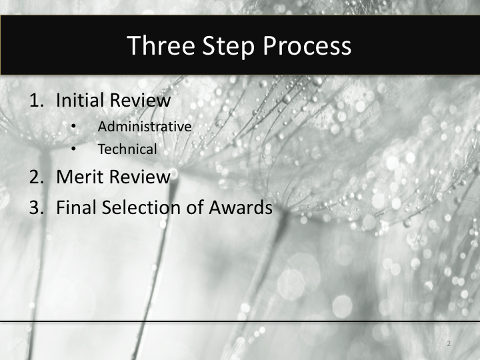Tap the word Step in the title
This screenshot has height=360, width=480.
coord(225,46)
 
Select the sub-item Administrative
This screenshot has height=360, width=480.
coord(145,126)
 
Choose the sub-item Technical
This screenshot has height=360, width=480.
coord(127,149)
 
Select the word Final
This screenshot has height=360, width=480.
coord(76,207)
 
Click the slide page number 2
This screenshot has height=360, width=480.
coord(449,344)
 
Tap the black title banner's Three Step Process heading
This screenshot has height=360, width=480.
coord(239,46)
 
